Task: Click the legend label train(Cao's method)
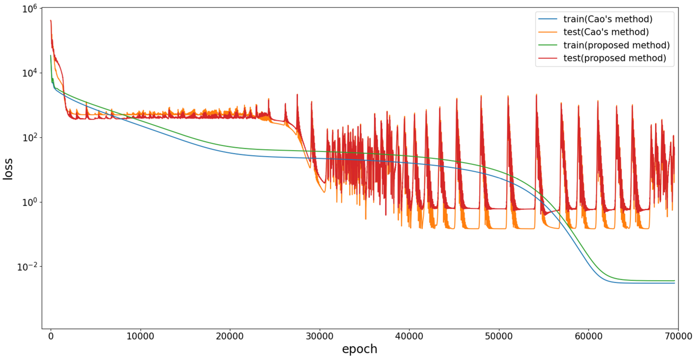(608, 19)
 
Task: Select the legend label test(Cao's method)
(606, 32)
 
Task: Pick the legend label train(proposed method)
(616, 45)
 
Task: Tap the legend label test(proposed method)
(615, 58)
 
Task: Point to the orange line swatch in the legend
(548, 32)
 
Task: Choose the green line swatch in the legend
(548, 45)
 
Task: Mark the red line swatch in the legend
(548, 58)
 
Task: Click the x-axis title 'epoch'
(360, 349)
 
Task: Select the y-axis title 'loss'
(8, 169)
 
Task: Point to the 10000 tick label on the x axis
(140, 336)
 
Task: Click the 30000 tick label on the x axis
(320, 336)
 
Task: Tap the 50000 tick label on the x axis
(499, 336)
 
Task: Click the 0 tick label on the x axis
(51, 336)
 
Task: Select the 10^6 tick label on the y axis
(29, 9)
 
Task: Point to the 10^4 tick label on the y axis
(29, 73)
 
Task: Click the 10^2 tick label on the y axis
(29, 138)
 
